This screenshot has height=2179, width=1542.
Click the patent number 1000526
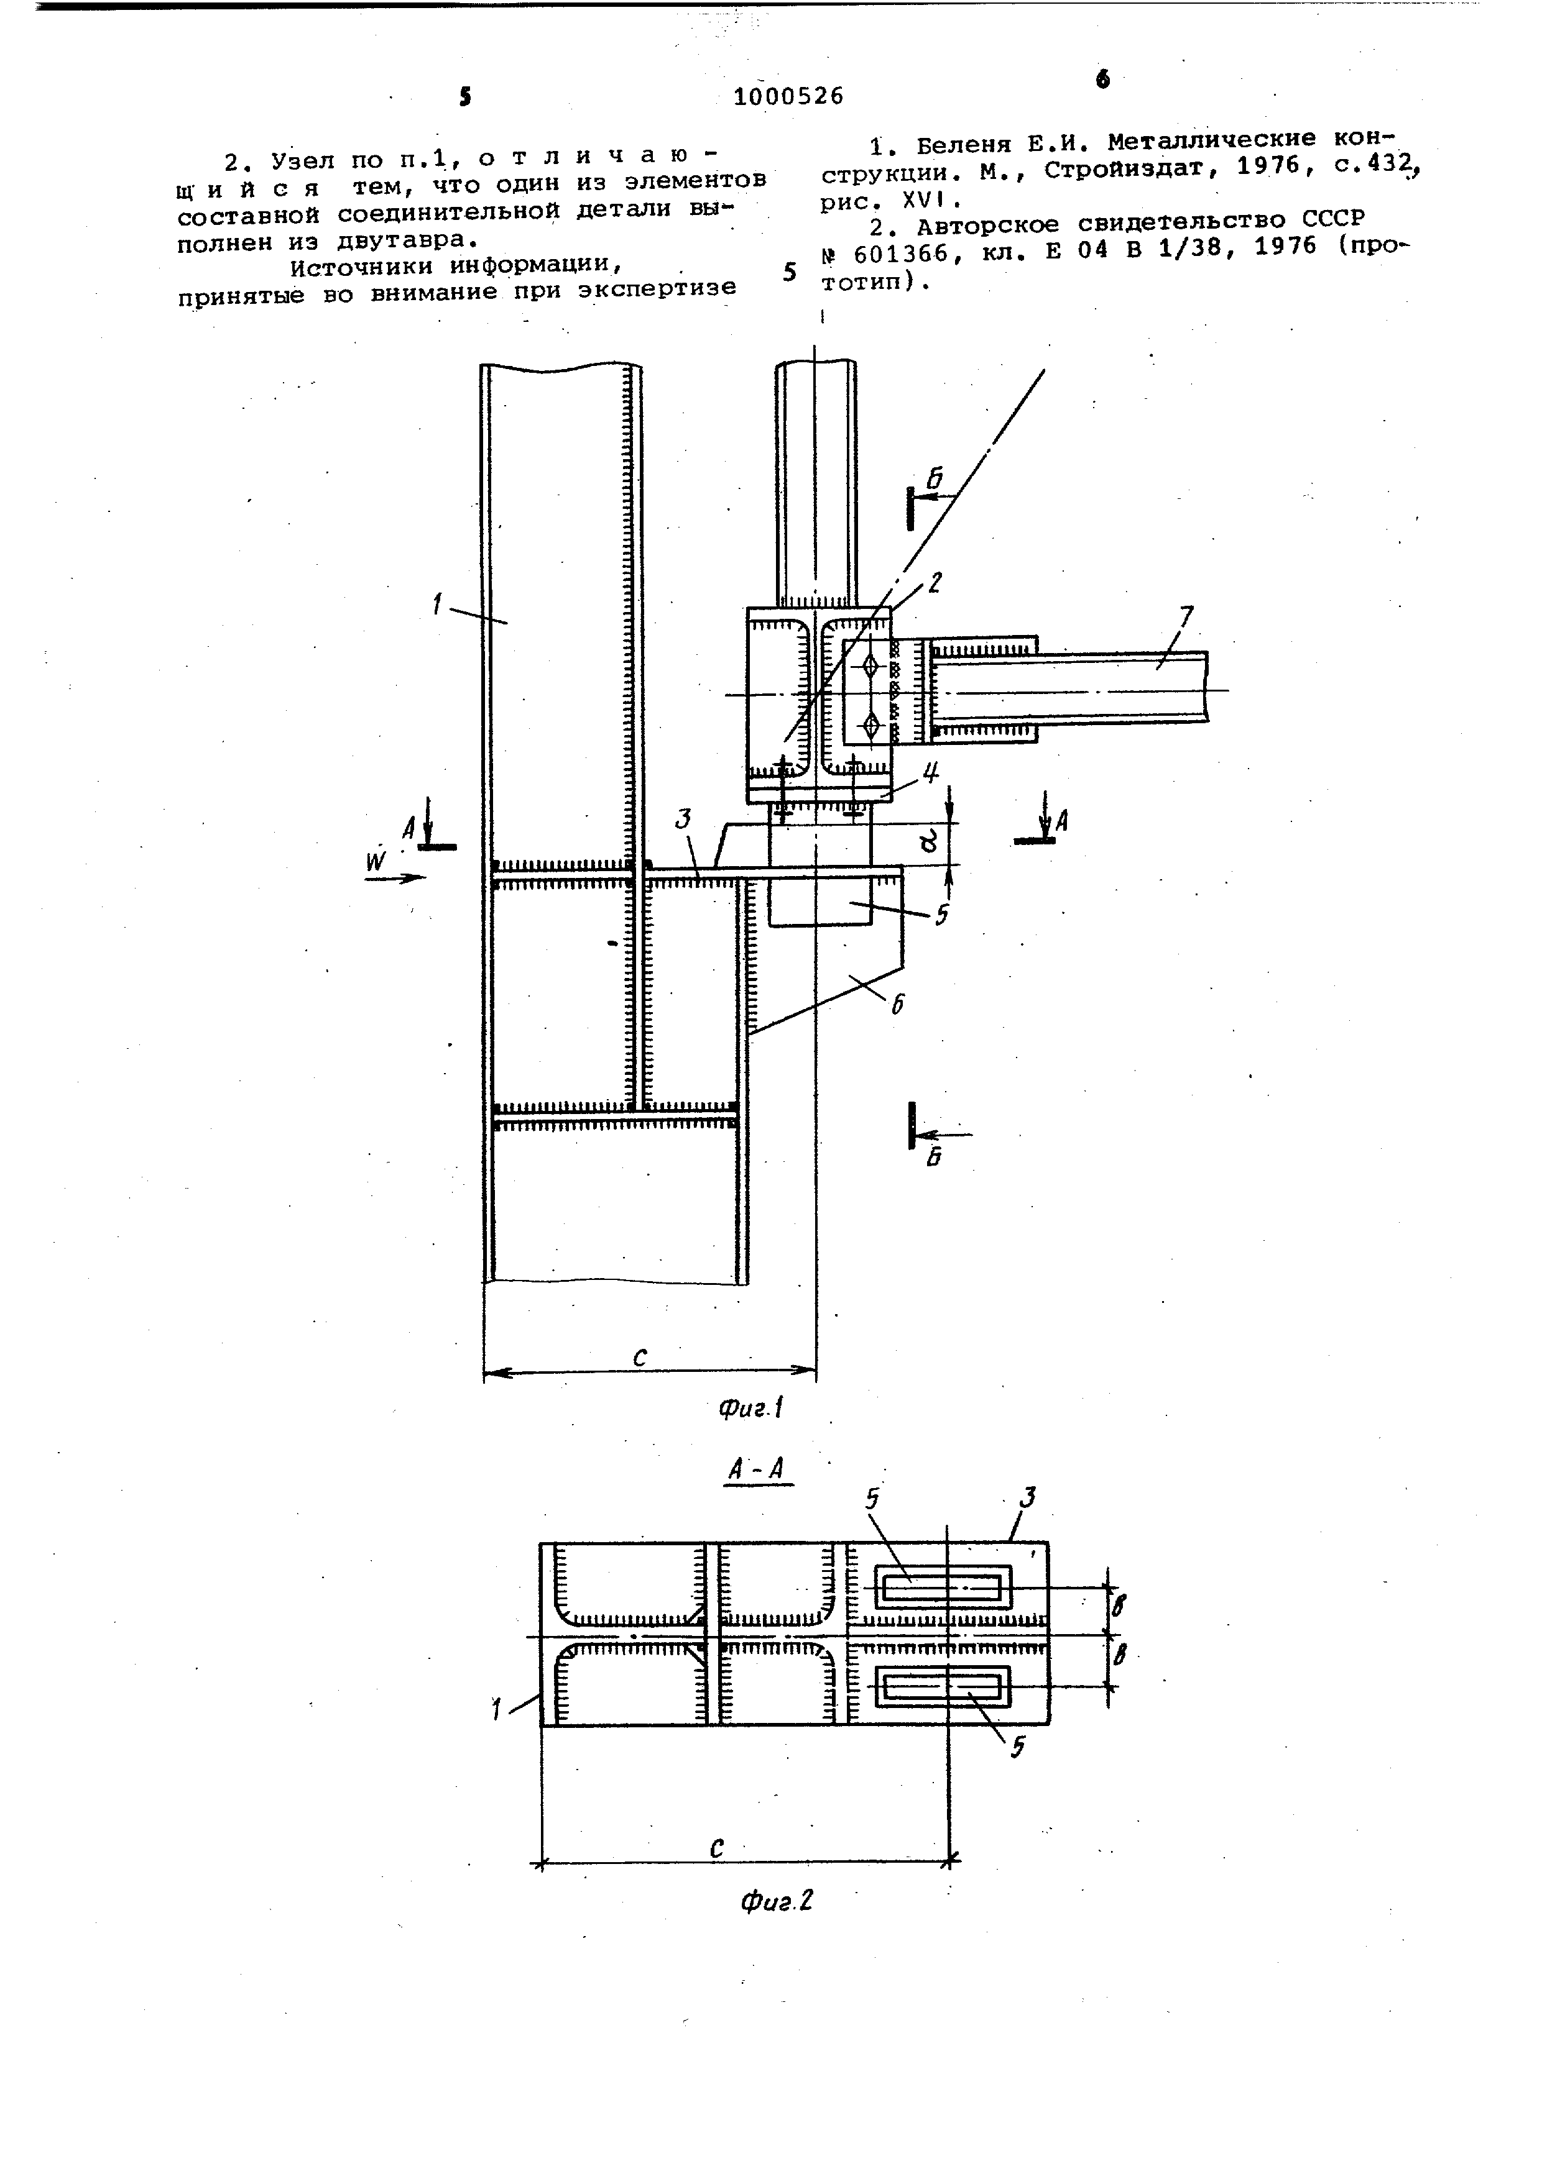pyautogui.click(x=788, y=96)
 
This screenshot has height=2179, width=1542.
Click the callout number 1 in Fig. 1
pyautogui.click(x=436, y=603)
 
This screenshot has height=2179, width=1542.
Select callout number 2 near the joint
pyautogui.click(x=935, y=582)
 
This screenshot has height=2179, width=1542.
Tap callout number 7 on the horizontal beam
pyautogui.click(x=1185, y=619)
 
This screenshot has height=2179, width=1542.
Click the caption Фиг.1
pyautogui.click(x=750, y=1407)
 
